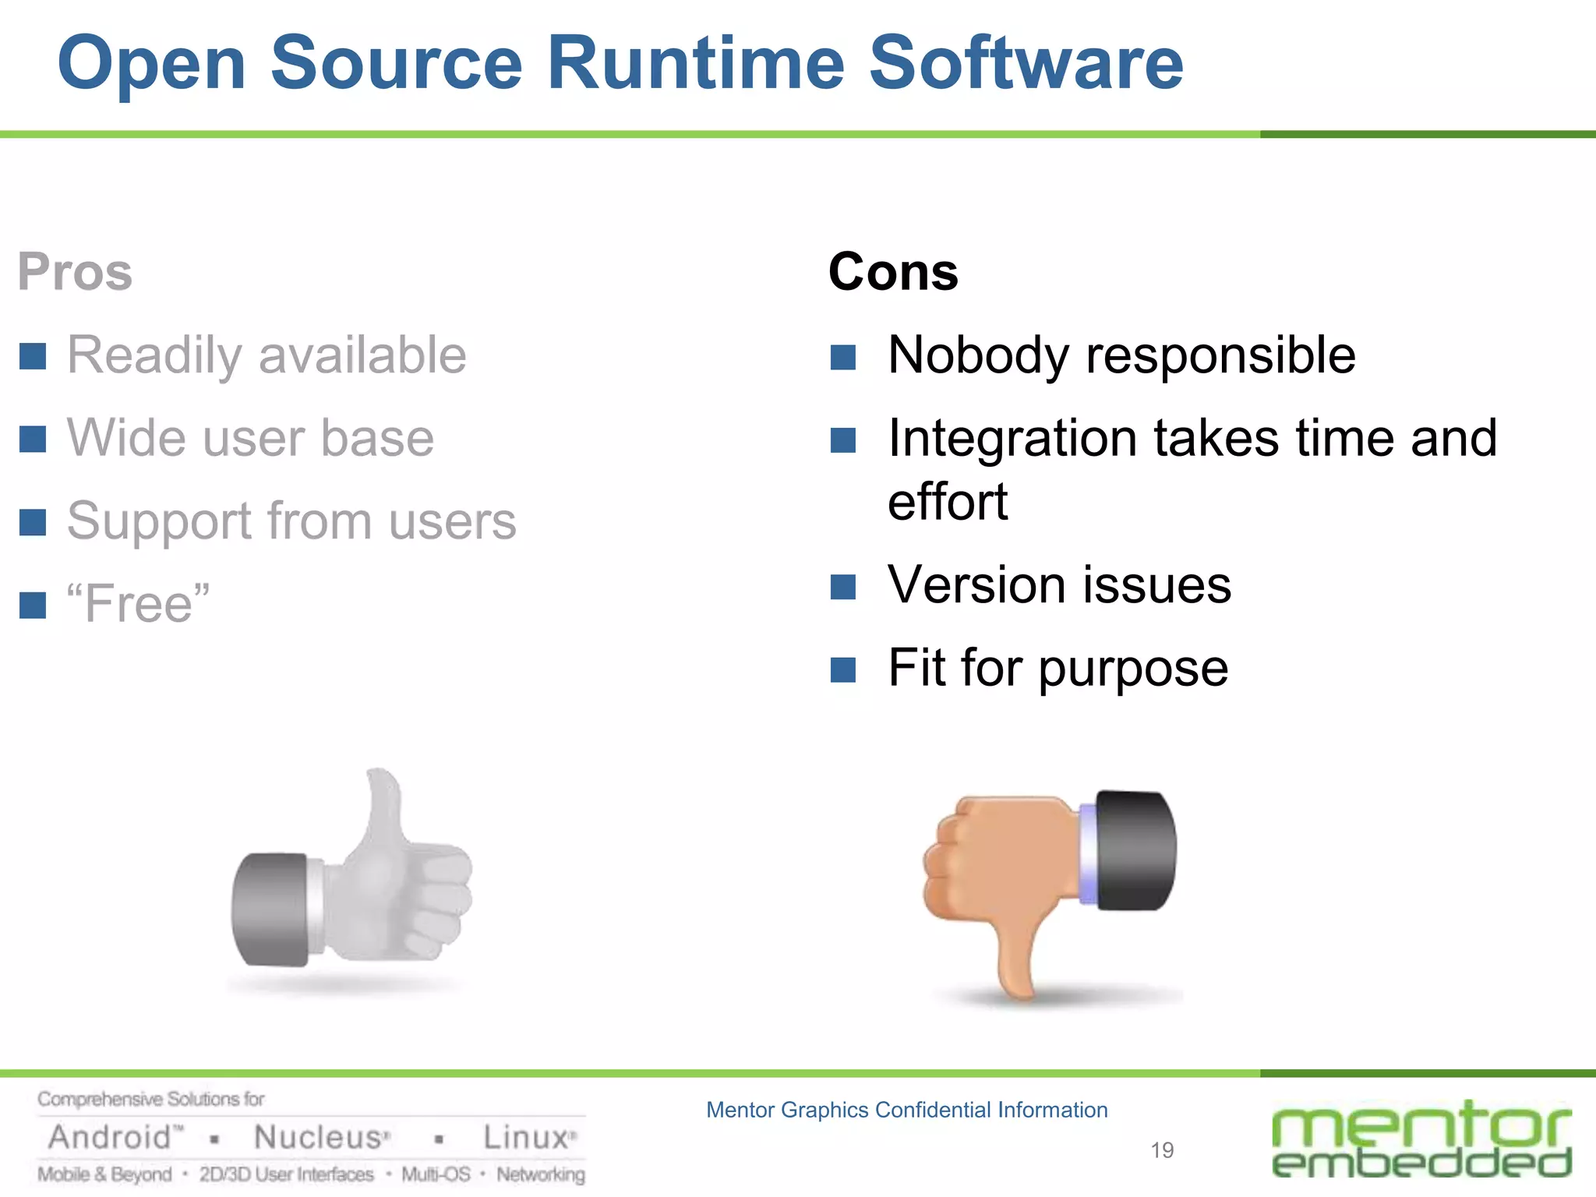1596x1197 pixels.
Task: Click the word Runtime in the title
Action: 695,64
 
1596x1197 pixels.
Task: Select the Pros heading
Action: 75,272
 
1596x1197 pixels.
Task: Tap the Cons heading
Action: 893,272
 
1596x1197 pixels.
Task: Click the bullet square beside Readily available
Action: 33,356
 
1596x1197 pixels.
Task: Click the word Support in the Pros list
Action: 159,521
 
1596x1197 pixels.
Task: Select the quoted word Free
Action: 139,603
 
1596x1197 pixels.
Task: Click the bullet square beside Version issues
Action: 843,587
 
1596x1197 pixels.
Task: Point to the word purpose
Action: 1133,669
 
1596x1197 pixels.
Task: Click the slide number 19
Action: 1162,1150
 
